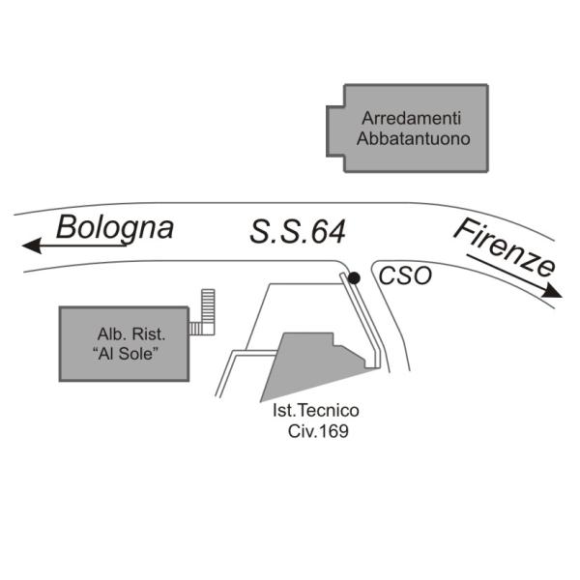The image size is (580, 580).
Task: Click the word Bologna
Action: [115, 228]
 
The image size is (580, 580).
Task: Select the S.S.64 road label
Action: [298, 232]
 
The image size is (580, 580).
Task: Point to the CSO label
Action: [400, 276]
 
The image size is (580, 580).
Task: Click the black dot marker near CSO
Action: [355, 278]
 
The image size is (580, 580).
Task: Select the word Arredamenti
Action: [412, 118]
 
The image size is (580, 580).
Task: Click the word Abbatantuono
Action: [414, 138]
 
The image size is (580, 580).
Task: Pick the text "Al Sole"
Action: [127, 355]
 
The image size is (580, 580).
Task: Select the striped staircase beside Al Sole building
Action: [205, 312]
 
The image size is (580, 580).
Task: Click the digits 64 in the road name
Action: [327, 232]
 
